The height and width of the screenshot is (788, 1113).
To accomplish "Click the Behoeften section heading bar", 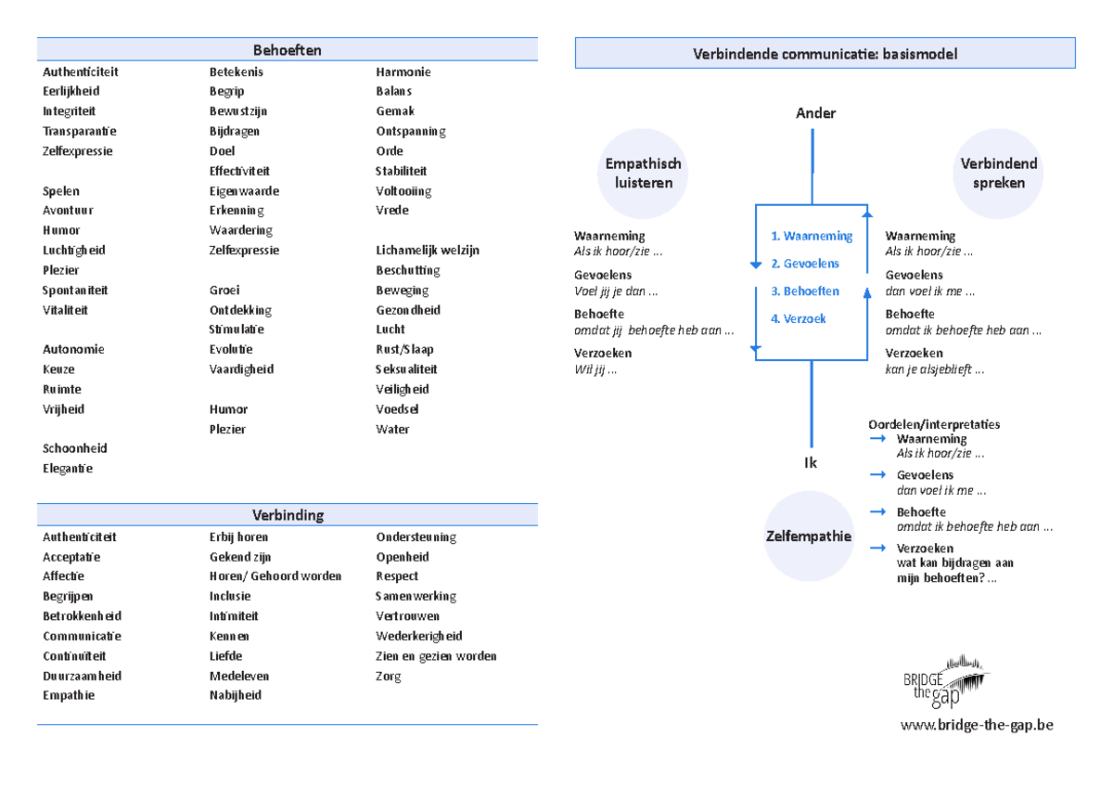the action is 288,49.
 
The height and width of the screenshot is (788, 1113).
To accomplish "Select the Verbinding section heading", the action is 288,514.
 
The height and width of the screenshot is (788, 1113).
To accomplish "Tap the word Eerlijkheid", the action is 71,91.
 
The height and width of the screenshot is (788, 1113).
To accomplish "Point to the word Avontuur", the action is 68,211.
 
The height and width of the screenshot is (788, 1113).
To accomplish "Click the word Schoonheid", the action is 74,448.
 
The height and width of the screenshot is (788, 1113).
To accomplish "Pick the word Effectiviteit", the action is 239,171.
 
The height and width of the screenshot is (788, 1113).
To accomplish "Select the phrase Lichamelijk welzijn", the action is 428,250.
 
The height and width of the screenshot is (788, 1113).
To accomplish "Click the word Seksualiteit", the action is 406,369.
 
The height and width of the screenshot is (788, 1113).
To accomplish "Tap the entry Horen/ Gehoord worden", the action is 275,576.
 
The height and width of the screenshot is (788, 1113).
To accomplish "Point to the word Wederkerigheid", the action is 419,636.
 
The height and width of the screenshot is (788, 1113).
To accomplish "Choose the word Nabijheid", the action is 235,695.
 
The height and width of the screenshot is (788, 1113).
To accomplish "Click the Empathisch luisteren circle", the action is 643,174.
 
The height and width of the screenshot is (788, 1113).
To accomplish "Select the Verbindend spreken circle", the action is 998,174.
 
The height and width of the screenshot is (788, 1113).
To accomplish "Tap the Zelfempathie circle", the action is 809,536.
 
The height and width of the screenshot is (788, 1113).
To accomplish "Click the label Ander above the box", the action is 815,113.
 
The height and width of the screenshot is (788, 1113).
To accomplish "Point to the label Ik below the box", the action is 811,463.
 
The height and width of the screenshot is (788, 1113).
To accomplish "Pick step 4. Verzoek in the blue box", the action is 798,318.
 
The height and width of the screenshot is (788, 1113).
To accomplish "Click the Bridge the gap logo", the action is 945,681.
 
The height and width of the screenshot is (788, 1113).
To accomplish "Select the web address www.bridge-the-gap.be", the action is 977,725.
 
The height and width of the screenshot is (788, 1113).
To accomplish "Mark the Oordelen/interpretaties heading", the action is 934,424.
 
